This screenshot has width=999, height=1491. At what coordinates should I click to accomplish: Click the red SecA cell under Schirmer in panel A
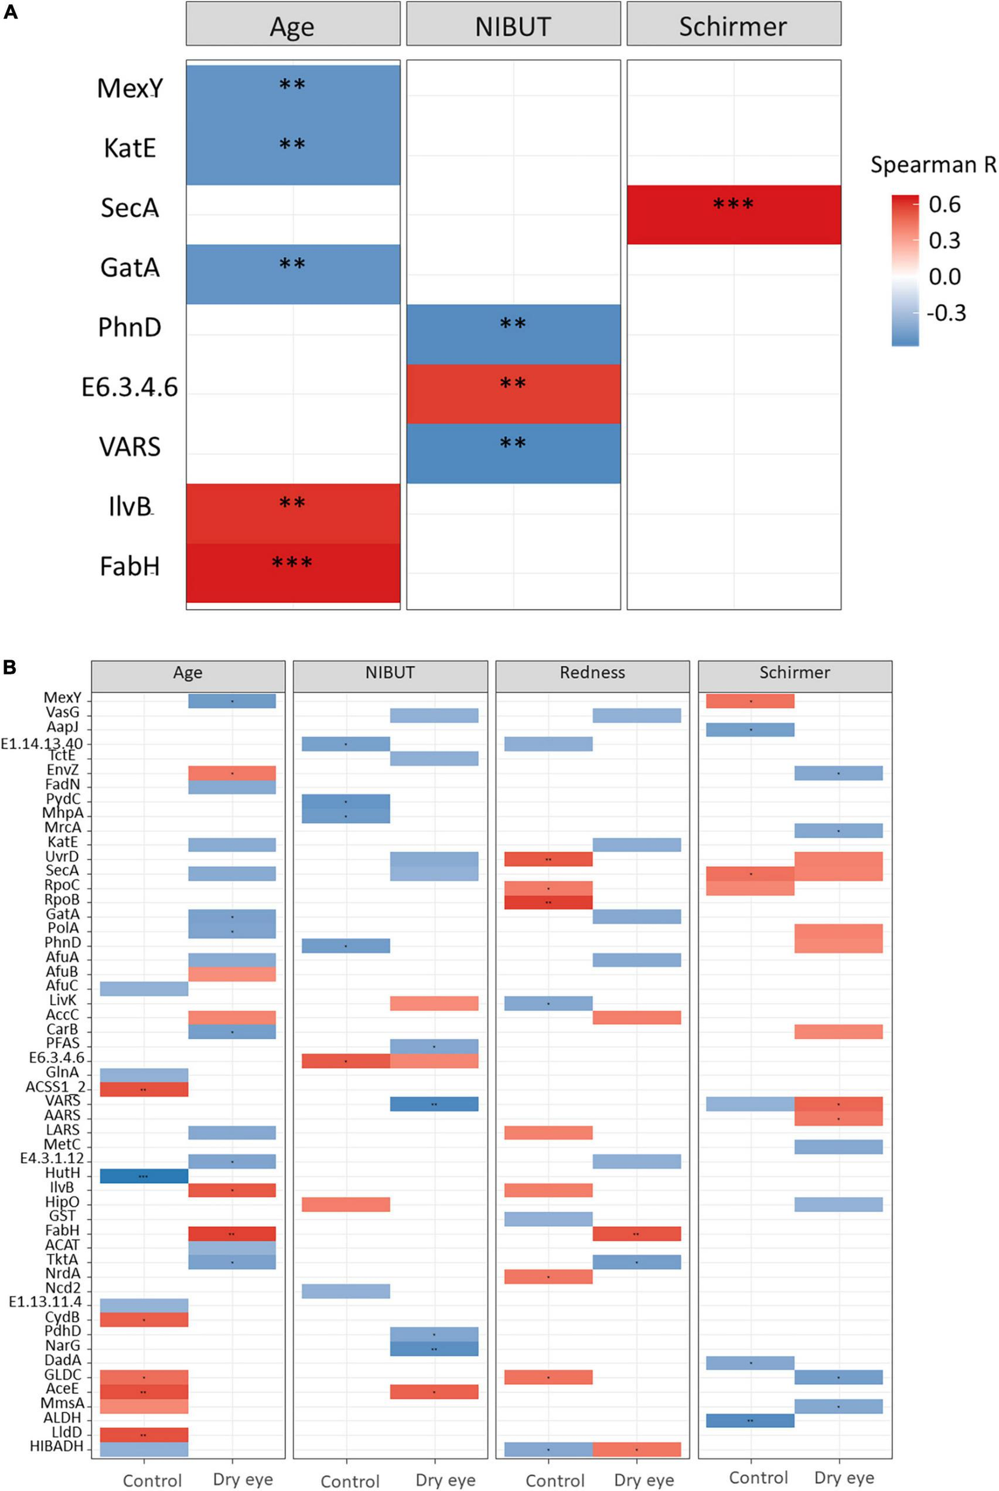pos(733,215)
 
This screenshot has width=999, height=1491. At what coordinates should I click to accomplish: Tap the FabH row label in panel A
pos(129,566)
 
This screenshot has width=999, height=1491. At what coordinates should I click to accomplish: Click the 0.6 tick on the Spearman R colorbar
pos(944,205)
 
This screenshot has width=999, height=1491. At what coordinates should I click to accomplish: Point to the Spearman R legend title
pos(932,165)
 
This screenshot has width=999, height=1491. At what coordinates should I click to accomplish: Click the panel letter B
pos(10,667)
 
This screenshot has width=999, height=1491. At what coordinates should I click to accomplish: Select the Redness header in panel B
pos(592,673)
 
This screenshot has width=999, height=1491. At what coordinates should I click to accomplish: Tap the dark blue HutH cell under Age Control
pos(144,1176)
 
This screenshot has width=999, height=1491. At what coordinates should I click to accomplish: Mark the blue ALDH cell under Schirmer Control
pos(750,1420)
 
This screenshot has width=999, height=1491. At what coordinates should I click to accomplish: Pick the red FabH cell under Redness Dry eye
pos(637,1233)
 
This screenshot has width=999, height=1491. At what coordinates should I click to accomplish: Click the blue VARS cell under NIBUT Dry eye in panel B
pos(434,1104)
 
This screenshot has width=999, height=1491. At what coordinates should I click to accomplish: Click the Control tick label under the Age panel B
pos(152,1480)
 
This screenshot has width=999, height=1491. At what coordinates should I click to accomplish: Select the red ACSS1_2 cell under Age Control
pos(144,1090)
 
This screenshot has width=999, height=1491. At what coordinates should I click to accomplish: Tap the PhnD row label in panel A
pos(129,327)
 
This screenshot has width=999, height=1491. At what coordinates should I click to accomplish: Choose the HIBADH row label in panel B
pos(56,1446)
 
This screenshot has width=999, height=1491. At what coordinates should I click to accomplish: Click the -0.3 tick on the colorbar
pos(945,313)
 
